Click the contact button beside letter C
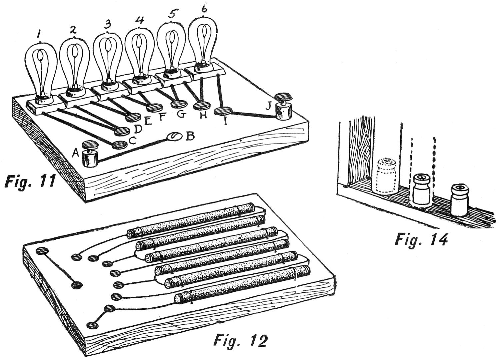[120, 145]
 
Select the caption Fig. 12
[240, 340]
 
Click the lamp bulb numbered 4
[140, 53]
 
